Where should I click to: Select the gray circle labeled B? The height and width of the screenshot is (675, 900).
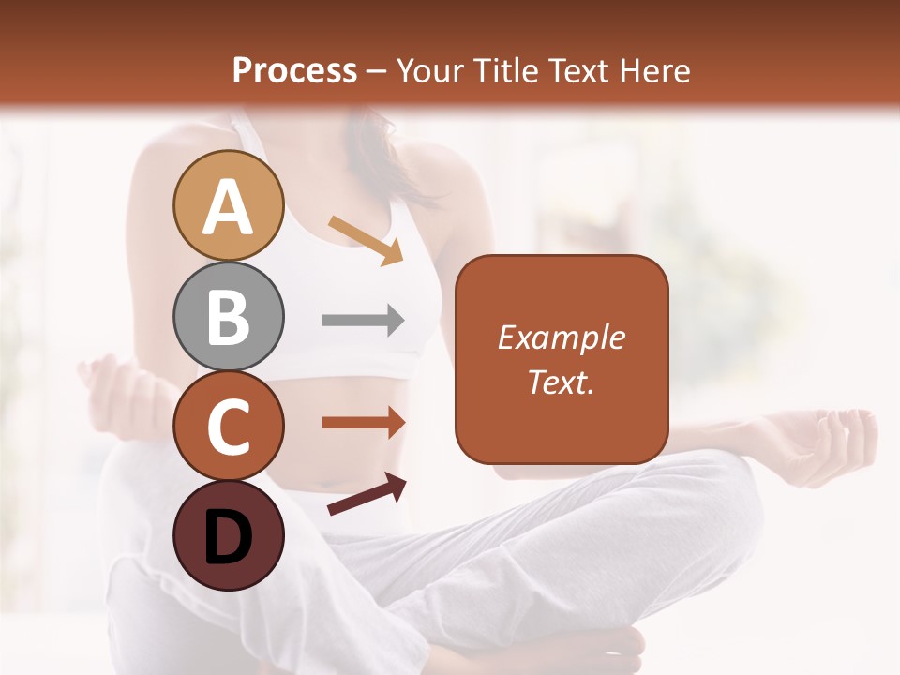229,317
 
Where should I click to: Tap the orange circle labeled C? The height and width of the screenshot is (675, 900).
229,427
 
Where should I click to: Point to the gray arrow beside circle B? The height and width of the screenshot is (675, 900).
363,321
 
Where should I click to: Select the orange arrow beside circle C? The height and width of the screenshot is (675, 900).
363,422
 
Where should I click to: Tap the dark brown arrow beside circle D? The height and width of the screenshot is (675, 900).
367,494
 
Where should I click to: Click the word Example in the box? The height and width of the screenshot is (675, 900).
561,337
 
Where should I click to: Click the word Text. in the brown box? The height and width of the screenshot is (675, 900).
561,382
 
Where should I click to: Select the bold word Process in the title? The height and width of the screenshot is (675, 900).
294,70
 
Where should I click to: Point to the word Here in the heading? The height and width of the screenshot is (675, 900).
655,70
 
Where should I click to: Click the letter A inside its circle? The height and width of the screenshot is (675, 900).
229,207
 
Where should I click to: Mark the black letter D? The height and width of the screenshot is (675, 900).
229,537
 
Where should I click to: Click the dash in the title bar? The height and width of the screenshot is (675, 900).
377,71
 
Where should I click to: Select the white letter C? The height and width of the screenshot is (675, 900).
229,427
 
